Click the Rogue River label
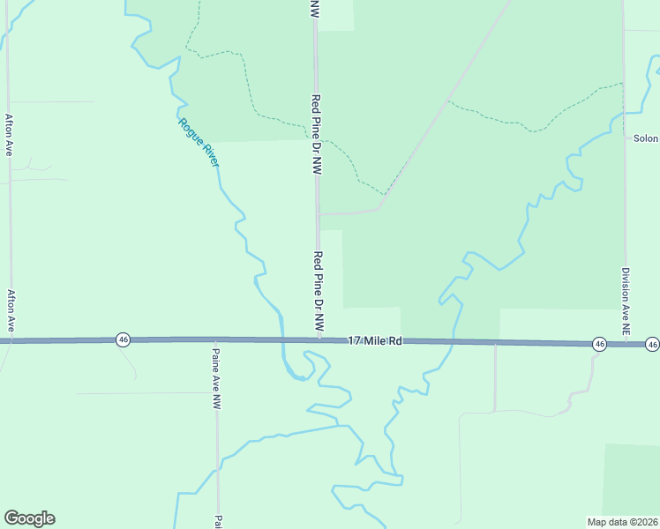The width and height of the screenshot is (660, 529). click(x=199, y=142)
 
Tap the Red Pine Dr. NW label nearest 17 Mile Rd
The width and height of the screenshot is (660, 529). click(x=319, y=292)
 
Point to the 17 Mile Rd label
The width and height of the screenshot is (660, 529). click(x=375, y=340)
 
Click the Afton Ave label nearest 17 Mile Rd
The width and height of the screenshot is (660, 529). click(x=11, y=310)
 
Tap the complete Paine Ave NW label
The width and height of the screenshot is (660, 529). click(x=216, y=379)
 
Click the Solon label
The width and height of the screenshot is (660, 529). click(x=646, y=138)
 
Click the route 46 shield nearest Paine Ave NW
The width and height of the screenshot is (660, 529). click(x=123, y=339)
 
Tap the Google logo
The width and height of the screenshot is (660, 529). click(x=29, y=518)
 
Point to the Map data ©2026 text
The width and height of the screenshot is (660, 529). click(x=623, y=522)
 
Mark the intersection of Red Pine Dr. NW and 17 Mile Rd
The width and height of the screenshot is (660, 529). click(x=319, y=339)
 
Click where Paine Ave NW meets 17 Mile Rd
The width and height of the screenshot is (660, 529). click(x=216, y=339)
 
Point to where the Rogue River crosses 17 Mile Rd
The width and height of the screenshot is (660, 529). click(x=281, y=339)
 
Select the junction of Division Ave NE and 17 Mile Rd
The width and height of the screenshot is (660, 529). click(x=626, y=343)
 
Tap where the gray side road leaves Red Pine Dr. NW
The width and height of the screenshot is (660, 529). click(x=319, y=213)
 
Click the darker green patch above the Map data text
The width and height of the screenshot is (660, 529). click(x=632, y=476)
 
